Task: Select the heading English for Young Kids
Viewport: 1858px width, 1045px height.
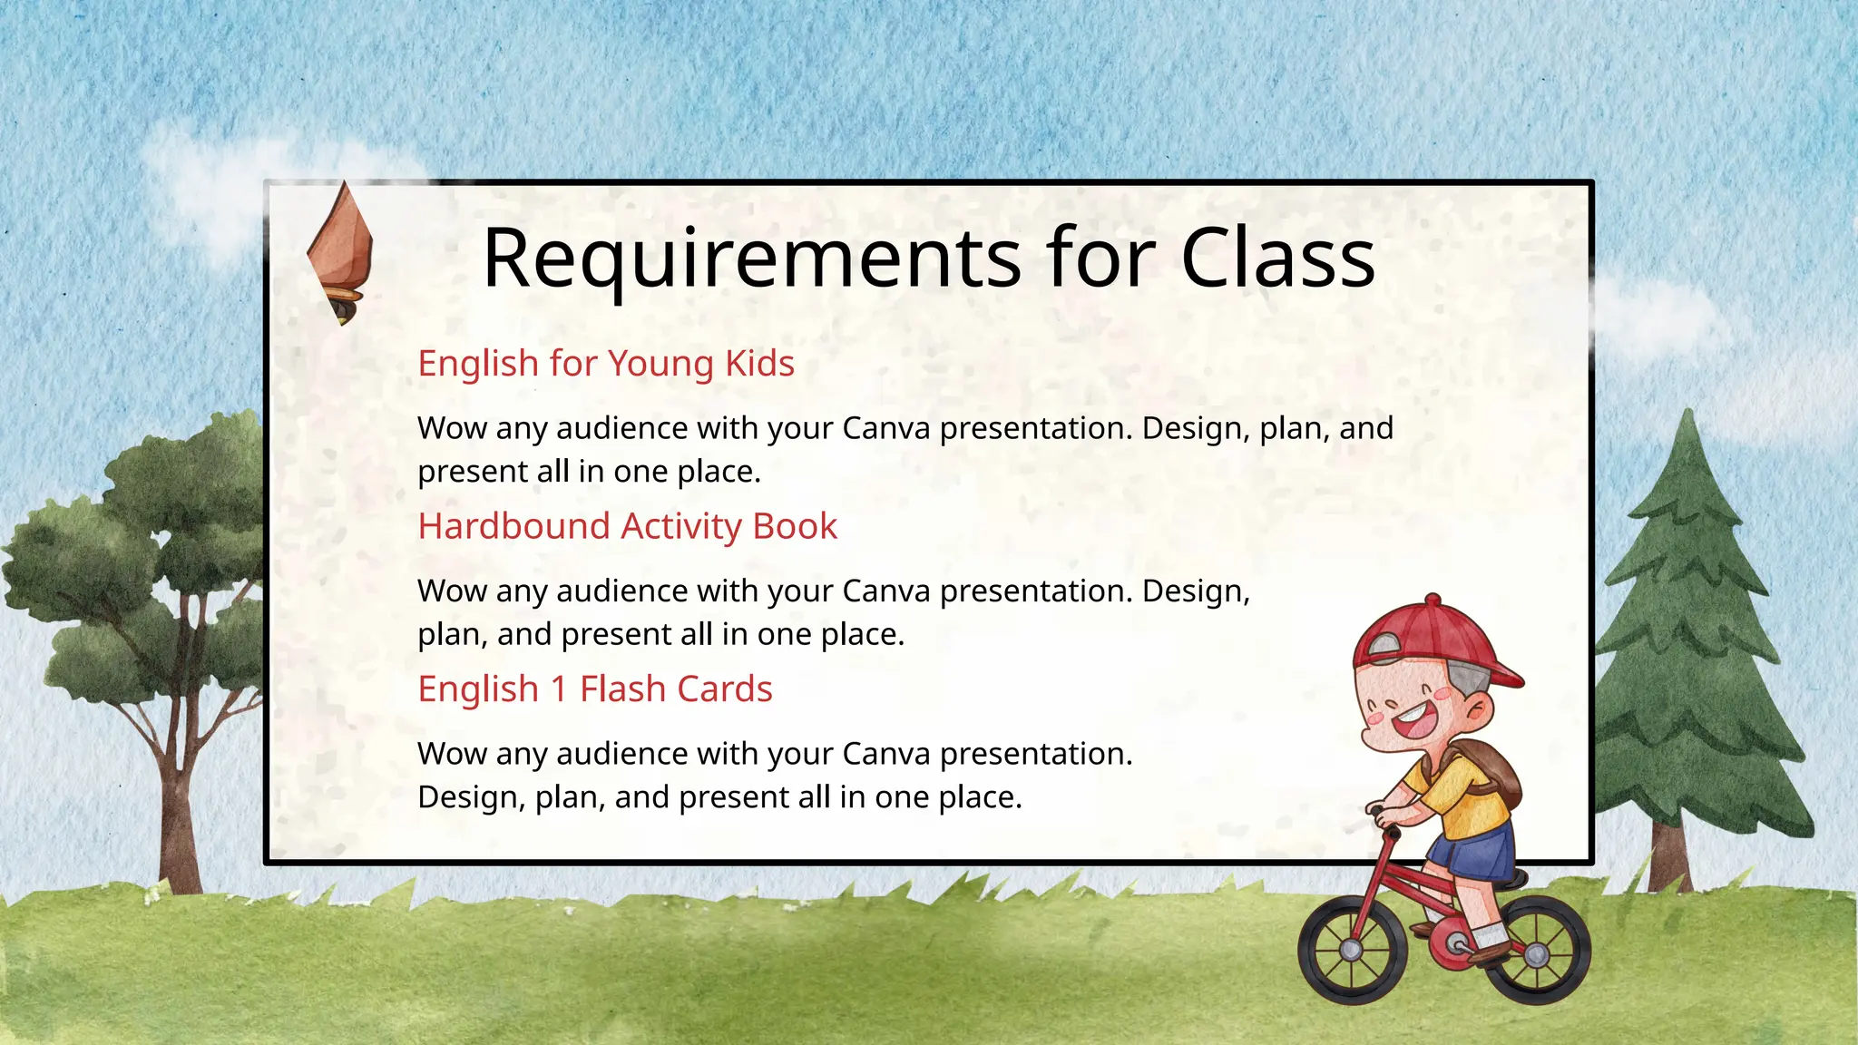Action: click(606, 364)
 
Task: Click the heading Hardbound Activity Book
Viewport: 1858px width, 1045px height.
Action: click(627, 526)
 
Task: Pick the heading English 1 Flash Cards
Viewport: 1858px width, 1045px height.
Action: click(595, 689)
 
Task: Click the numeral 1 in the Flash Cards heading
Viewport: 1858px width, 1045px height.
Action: click(559, 689)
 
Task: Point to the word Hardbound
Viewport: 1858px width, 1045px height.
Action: click(513, 526)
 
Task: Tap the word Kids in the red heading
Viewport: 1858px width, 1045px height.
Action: click(759, 364)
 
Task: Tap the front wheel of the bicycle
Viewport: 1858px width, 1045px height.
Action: click(1352, 948)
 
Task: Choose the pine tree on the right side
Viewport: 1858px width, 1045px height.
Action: click(1687, 635)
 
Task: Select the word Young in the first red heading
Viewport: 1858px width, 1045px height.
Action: click(660, 364)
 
